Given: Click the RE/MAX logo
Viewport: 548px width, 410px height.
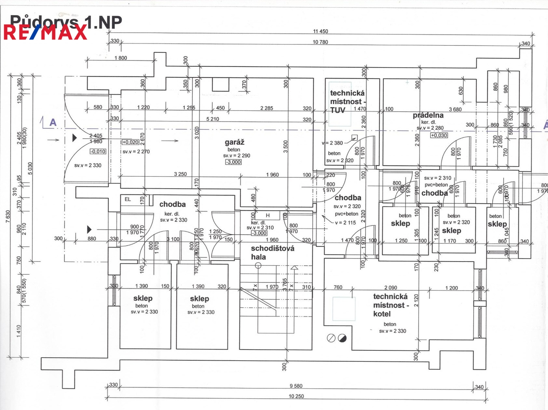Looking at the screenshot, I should [x=46, y=32].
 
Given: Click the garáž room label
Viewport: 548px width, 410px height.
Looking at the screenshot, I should [x=235, y=142].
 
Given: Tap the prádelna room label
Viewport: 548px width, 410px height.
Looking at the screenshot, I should [x=428, y=115].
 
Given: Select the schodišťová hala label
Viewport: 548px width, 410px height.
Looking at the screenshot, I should [x=272, y=252].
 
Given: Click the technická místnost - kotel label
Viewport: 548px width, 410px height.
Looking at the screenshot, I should [x=390, y=305].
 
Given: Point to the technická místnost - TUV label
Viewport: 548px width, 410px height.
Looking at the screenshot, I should [x=347, y=101].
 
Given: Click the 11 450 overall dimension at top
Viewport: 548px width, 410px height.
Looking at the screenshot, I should [x=321, y=31].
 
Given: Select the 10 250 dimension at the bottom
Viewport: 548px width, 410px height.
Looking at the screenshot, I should [x=296, y=396].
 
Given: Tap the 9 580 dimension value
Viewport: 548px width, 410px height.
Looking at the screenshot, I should [x=296, y=386].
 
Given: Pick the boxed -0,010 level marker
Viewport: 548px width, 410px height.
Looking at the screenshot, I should [x=98, y=151].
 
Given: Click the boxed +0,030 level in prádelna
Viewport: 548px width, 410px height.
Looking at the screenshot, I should [x=439, y=135].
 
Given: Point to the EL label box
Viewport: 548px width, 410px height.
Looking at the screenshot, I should [x=128, y=199].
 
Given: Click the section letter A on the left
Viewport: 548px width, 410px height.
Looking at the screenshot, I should [x=53, y=122].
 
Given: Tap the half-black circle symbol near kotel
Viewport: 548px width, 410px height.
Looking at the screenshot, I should [x=342, y=338].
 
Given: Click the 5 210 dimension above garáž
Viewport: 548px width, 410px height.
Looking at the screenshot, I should [x=213, y=119].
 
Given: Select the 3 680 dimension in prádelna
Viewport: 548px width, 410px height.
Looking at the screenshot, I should [x=455, y=109].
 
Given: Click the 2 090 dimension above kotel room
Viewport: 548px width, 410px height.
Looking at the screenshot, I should [x=391, y=288].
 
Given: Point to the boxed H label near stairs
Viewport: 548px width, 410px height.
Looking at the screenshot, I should [x=268, y=215].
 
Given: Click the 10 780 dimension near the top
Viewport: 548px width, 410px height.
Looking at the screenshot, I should [x=320, y=42].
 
